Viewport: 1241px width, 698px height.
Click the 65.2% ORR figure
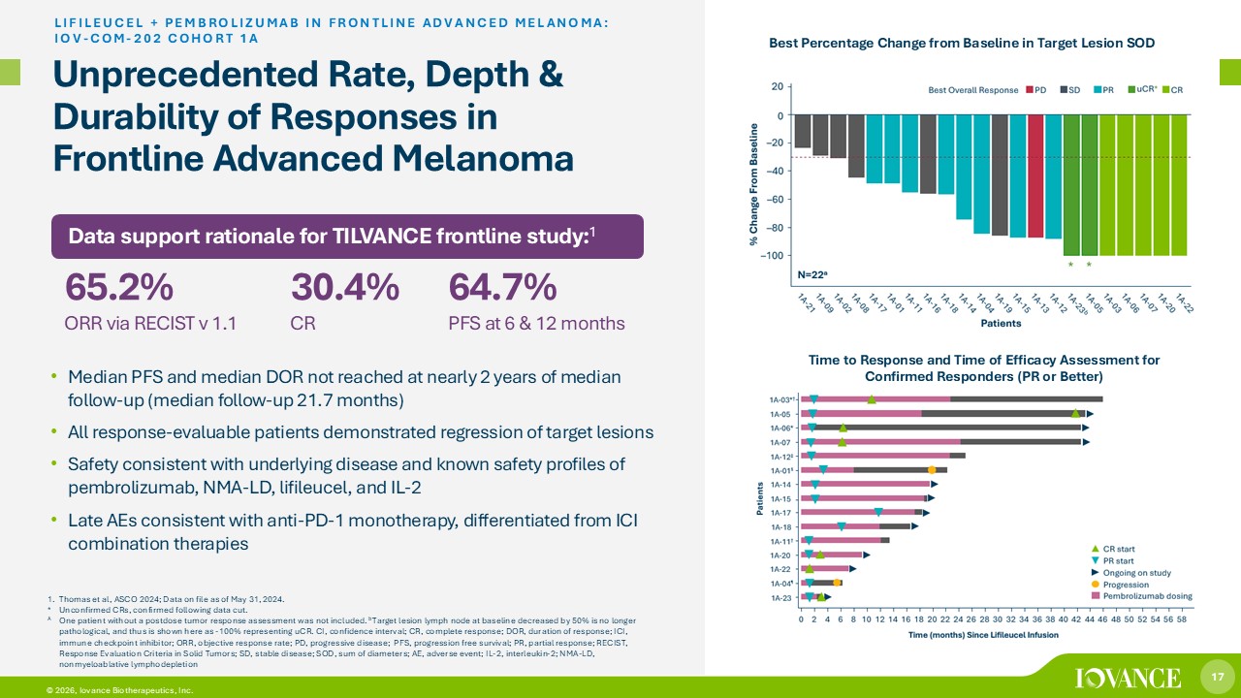pyautogui.click(x=119, y=288)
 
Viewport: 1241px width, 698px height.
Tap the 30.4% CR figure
pyautogui.click(x=344, y=288)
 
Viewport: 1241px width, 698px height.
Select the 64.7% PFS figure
pyautogui.click(x=502, y=288)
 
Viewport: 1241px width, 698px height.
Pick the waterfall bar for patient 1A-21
pyautogui.click(x=803, y=131)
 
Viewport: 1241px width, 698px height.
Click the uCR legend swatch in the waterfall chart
pyautogui.click(x=1130, y=90)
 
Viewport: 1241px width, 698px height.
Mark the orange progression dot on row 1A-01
pyautogui.click(x=932, y=470)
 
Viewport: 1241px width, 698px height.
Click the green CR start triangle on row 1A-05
pyautogui.click(x=1075, y=414)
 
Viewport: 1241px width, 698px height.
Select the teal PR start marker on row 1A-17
pyautogui.click(x=878, y=513)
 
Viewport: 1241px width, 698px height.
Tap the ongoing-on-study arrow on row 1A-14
pyautogui.click(x=934, y=484)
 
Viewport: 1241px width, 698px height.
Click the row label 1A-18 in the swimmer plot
pyautogui.click(x=781, y=526)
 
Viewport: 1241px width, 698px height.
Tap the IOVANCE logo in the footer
pyautogui.click(x=1128, y=677)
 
